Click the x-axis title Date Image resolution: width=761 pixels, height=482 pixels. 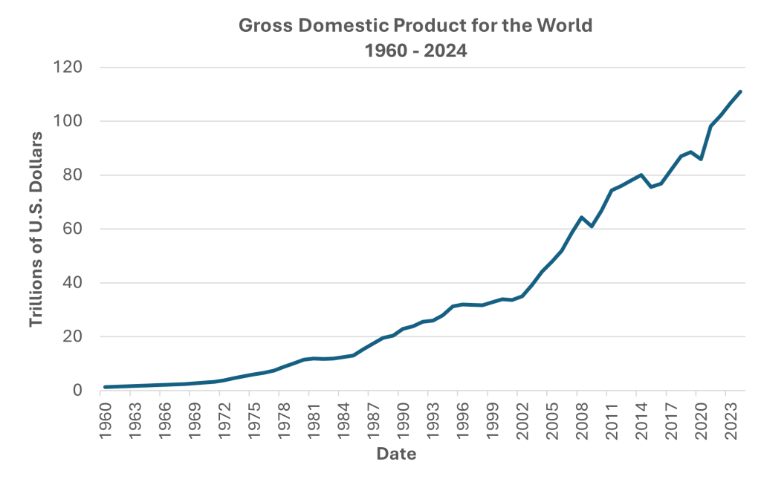[395, 454]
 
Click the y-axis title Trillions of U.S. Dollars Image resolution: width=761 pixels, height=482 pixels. [35, 229]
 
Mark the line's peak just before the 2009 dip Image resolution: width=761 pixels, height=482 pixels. [582, 217]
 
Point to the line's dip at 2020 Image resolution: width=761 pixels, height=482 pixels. [700, 159]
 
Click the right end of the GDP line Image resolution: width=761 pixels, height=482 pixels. [740, 91]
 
